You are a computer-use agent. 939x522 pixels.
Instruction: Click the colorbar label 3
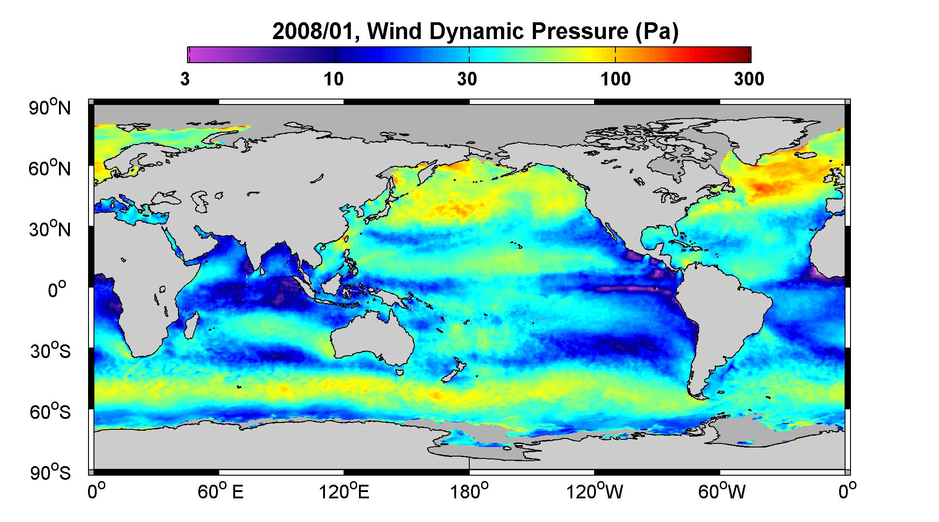coord(185,80)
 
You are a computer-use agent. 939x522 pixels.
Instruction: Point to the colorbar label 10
coord(334,80)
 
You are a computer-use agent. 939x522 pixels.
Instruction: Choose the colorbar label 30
coord(467,80)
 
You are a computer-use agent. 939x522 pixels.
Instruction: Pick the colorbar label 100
coord(616,80)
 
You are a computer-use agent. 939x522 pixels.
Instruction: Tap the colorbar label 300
coord(749,80)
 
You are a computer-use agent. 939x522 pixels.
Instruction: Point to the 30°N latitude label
coord(50,229)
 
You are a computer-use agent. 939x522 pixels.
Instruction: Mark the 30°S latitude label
coord(50,351)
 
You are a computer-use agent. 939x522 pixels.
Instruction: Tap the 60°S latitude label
coord(50,412)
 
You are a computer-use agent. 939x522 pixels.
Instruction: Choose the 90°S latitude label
coord(50,472)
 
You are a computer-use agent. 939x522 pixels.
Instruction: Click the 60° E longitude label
coord(221,492)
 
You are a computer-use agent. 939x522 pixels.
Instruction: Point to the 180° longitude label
coord(469,492)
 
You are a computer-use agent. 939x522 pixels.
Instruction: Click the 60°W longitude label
coord(721,492)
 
